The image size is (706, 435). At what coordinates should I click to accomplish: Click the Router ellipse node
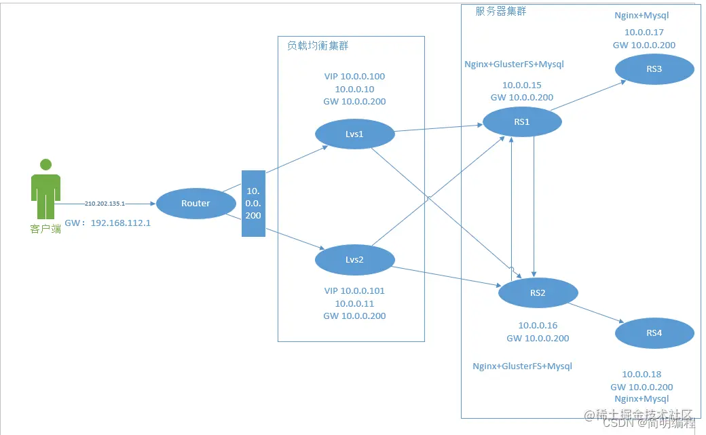[x=196, y=203]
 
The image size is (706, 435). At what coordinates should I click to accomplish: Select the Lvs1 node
[x=355, y=134]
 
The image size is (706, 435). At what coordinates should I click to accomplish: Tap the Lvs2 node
[x=355, y=260]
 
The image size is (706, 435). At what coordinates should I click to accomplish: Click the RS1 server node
[x=522, y=122]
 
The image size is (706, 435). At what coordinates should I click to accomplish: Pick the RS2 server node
[x=538, y=293]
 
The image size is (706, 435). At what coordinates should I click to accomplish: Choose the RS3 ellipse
[x=654, y=69]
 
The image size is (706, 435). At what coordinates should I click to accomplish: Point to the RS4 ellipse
[x=654, y=333]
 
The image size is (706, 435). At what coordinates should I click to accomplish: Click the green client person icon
[x=45, y=190]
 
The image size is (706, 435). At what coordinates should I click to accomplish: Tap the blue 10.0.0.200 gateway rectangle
[x=253, y=204]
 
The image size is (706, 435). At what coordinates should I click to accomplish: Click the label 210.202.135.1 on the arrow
[x=105, y=203]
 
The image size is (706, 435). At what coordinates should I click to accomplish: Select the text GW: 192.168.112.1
[x=107, y=223]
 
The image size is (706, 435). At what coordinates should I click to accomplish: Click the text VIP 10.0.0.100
[x=354, y=77]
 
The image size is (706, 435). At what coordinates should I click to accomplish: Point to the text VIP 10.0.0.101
[x=354, y=290]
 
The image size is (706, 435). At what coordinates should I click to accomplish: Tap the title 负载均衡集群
[x=318, y=45]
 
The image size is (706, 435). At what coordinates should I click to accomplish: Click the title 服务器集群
[x=500, y=12]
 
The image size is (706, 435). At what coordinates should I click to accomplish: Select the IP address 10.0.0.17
[x=644, y=32]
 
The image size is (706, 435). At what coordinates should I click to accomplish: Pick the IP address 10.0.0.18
[x=642, y=374]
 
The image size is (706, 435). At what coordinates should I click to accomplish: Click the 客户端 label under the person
[x=45, y=229]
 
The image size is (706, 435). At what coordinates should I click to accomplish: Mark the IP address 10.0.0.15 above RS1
[x=521, y=85]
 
